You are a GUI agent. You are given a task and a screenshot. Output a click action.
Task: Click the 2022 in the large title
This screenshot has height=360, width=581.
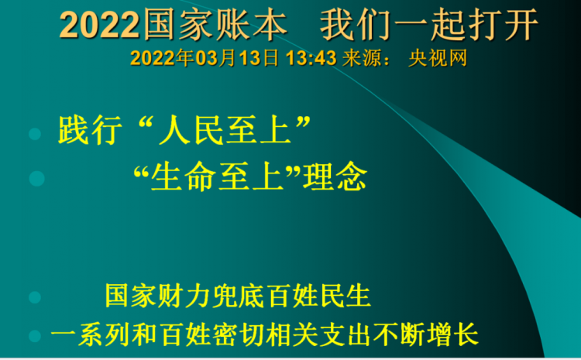tap(99, 26)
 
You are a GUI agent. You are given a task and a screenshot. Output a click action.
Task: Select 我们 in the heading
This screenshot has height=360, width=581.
tap(356, 25)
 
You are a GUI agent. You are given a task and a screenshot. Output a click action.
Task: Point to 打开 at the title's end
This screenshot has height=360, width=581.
tap(503, 25)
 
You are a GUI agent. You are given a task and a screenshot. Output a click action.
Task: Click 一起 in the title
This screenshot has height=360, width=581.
tap(429, 25)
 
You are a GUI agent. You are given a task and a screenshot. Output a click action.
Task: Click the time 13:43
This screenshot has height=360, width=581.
tap(311, 58)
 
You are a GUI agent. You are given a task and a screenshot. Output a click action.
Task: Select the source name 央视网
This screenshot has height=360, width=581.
tap(438, 58)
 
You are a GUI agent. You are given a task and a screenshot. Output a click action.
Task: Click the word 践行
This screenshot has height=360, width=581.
tap(90, 130)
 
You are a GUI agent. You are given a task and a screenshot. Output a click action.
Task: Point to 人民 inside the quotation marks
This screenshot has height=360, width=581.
tap(191, 130)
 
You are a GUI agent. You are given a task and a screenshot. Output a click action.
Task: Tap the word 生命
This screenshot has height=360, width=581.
tap(184, 177)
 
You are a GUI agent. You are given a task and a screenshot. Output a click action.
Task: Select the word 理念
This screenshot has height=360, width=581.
tap(335, 177)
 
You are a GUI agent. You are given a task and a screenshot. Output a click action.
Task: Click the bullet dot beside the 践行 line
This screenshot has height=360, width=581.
tap(35, 134)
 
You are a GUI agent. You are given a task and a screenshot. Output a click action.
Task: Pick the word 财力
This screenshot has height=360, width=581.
tap(184, 296)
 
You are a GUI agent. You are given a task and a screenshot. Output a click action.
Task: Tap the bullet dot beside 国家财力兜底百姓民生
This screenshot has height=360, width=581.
tap(35, 297)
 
